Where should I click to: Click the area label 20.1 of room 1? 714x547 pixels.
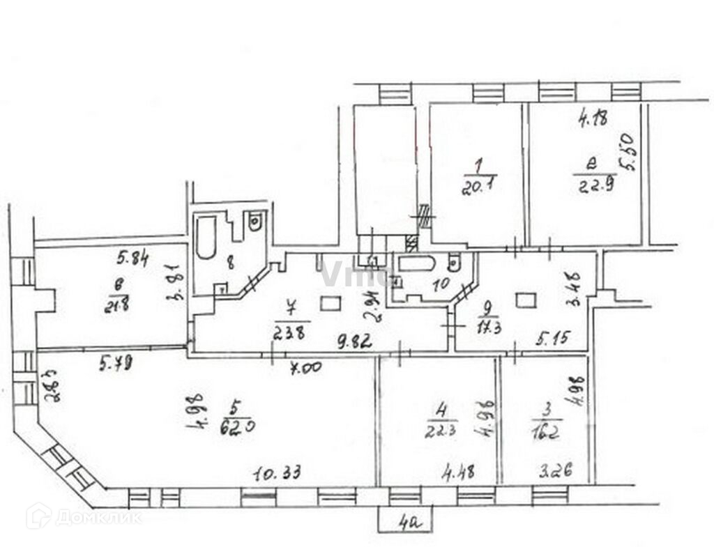(x=476, y=187)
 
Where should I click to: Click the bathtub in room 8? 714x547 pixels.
(x=206, y=237)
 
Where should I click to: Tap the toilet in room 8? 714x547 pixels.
(x=255, y=222)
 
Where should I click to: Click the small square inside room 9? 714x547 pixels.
(x=526, y=300)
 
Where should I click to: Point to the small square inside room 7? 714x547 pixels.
(x=330, y=303)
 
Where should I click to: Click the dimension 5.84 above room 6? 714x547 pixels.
(x=133, y=259)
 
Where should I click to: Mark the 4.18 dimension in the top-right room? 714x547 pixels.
(x=593, y=118)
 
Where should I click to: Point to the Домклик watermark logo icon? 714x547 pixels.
(x=38, y=516)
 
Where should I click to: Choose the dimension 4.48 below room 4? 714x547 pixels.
(x=458, y=472)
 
